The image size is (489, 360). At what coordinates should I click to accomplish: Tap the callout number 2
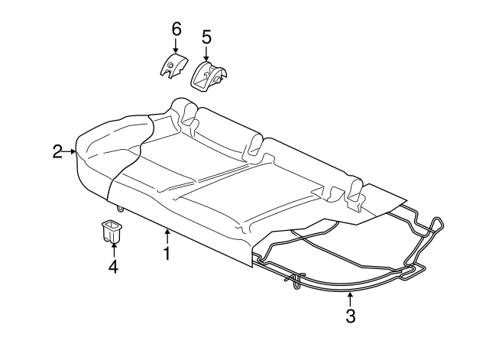click(x=58, y=152)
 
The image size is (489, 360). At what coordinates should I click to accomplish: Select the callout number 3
click(x=350, y=315)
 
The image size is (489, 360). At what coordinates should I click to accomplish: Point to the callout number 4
click(x=113, y=267)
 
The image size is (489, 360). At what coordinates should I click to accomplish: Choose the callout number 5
click(x=206, y=36)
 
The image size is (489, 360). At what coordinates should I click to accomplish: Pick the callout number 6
click(x=176, y=29)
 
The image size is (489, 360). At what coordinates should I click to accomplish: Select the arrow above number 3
click(x=350, y=297)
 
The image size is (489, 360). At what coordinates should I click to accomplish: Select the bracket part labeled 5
click(x=209, y=76)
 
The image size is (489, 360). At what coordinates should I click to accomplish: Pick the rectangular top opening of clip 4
click(x=112, y=224)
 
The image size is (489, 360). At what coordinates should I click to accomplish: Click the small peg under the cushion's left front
click(x=121, y=207)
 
